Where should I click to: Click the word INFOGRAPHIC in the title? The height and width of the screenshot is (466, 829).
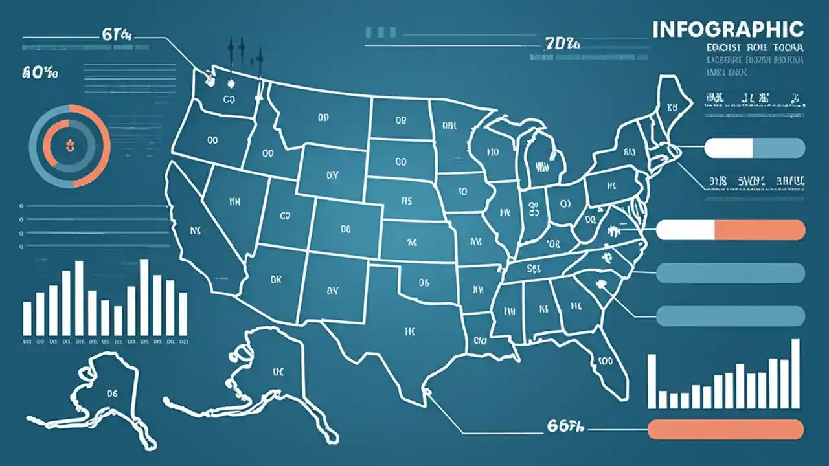click(728, 29)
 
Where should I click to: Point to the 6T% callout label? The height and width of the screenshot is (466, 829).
click(117, 36)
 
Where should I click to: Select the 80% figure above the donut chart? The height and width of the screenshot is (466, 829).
click(40, 74)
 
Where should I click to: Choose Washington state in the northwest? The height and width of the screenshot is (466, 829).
click(227, 97)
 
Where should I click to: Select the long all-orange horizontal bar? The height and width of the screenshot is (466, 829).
click(726, 429)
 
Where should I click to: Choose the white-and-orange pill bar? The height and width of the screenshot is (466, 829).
click(731, 230)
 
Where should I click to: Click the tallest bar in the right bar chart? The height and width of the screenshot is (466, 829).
click(795, 373)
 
